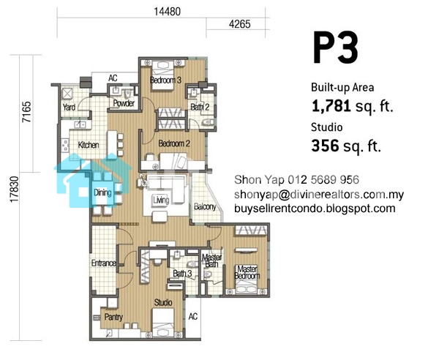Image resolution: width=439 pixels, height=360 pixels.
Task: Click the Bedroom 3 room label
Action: pyautogui.click(x=165, y=80)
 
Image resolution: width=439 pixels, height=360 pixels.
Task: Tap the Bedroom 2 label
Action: pyautogui.click(x=174, y=143)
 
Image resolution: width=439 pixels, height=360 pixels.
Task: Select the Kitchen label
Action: pyautogui.click(x=89, y=145)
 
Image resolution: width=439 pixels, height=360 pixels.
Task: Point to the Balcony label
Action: pyautogui.click(x=205, y=207)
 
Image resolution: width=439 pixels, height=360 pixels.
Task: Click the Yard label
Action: pyautogui.click(x=69, y=108)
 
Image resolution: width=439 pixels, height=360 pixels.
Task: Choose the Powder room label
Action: pyautogui.click(x=124, y=103)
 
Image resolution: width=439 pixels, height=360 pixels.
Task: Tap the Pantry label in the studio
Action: pyautogui.click(x=113, y=317)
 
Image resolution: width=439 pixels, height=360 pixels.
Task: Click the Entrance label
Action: pyautogui.click(x=104, y=263)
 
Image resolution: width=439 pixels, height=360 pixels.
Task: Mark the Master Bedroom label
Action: pyautogui.click(x=247, y=272)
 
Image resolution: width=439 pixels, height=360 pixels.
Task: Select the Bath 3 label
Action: pyautogui.click(x=182, y=273)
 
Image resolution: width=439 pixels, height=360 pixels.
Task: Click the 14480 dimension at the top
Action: pyautogui.click(x=167, y=12)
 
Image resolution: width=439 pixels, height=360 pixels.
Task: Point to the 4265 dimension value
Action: pyautogui.click(x=240, y=24)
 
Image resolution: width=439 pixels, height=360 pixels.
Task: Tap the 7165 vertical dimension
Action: pyautogui.click(x=27, y=112)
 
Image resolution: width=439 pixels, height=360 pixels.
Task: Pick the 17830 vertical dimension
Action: pyautogui.click(x=14, y=190)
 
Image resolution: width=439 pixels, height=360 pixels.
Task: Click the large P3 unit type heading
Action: pyautogui.click(x=335, y=48)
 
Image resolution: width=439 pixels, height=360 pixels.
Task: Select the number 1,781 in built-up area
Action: pyautogui.click(x=331, y=107)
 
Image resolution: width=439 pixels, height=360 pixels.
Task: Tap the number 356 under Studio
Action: pyautogui.click(x=325, y=146)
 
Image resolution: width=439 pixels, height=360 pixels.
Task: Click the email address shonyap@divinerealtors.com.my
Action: pyautogui.click(x=319, y=195)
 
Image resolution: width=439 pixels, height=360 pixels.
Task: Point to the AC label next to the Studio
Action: pyautogui.click(x=193, y=317)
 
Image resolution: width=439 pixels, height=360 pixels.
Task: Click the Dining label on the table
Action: pyautogui.click(x=102, y=192)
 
